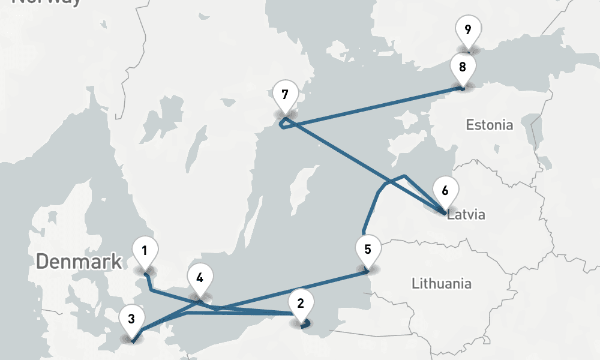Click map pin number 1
coord(145,251)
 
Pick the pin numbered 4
coord(200,278)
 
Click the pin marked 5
coord(368,249)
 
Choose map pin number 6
coord(445,191)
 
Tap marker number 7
coord(284,95)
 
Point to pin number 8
coord(462,67)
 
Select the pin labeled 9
coord(467,28)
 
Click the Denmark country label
coord(79,262)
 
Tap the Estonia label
coord(490,125)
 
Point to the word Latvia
coord(466,214)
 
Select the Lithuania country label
coord(442,283)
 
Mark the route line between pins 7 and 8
coord(372,107)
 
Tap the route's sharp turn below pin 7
coord(282,124)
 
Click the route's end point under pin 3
coord(133,341)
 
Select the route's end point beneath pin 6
coord(445,213)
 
